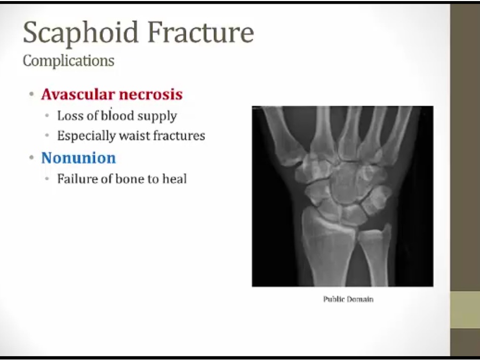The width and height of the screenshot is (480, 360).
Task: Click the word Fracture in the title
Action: pyautogui.click(x=201, y=32)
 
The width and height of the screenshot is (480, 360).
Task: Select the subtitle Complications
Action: pyautogui.click(x=69, y=61)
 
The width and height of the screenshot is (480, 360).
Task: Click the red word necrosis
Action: pyautogui.click(x=151, y=94)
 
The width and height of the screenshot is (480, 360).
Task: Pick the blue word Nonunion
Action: pyautogui.click(x=79, y=158)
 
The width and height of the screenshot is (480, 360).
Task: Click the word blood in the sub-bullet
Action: pyautogui.click(x=118, y=116)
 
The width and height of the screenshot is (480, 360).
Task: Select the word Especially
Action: pyautogui.click(x=86, y=136)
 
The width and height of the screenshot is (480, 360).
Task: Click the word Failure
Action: pyautogui.click(x=77, y=179)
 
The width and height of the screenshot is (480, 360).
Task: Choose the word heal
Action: pyautogui.click(x=174, y=179)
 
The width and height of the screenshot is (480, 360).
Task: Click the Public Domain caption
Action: pyautogui.click(x=348, y=299)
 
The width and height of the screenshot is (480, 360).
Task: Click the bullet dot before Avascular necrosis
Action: pyautogui.click(x=31, y=94)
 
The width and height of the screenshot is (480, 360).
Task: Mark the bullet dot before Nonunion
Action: pyautogui.click(x=31, y=158)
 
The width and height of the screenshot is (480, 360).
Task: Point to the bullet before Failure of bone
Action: pyautogui.click(x=47, y=179)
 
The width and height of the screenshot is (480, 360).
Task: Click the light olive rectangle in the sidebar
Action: pyautogui.click(x=465, y=310)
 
